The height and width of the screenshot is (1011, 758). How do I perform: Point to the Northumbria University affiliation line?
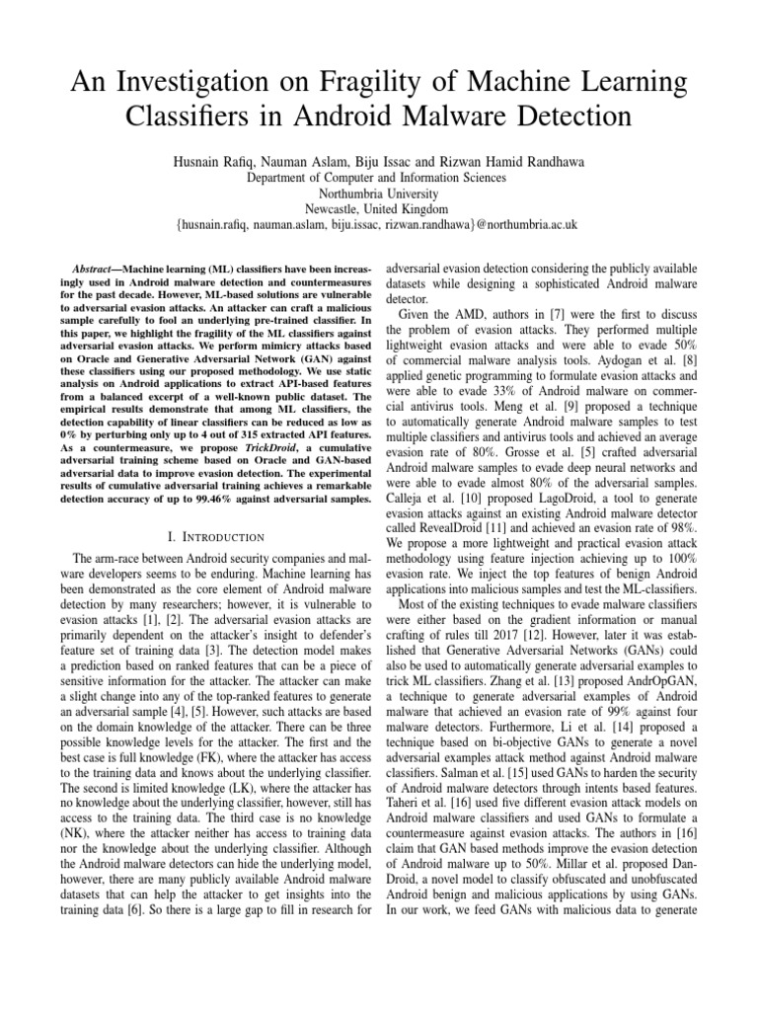[x=378, y=194]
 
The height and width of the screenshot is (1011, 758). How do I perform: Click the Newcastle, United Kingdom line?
[x=378, y=209]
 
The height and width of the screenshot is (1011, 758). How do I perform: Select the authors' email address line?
[x=378, y=225]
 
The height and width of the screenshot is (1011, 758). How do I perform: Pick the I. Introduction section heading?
[x=216, y=536]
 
